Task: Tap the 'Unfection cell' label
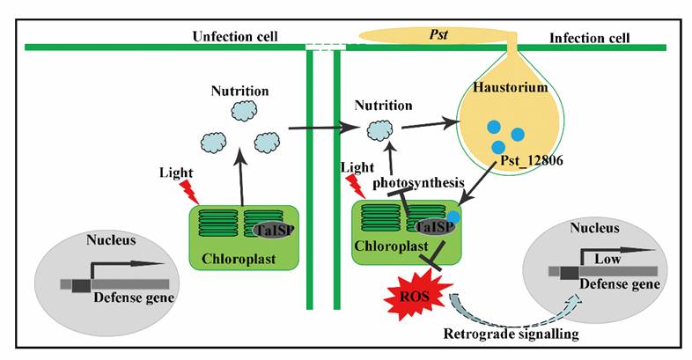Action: (x=234, y=36)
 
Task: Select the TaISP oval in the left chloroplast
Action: (x=275, y=229)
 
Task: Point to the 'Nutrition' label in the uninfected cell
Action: (x=239, y=91)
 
